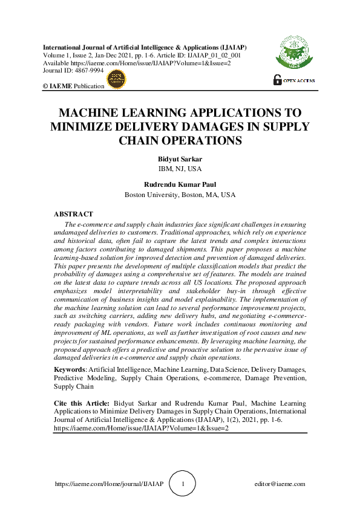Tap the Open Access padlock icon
click(x=278, y=79)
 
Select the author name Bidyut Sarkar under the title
click(x=180, y=159)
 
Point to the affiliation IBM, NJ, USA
click(x=180, y=168)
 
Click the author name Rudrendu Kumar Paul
click(x=180, y=185)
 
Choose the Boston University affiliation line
click(x=180, y=195)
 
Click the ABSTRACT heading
click(x=73, y=214)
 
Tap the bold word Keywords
click(x=70, y=369)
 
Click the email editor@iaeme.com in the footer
click(x=280, y=484)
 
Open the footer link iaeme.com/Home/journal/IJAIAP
click(x=109, y=484)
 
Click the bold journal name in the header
click(x=145, y=47)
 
